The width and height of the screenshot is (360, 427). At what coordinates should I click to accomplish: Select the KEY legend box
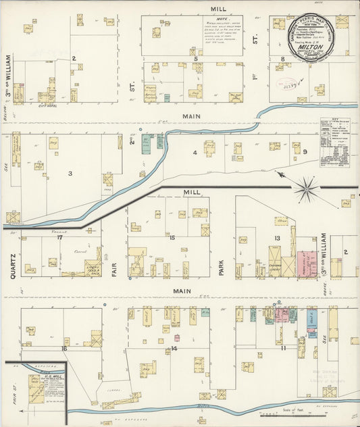click(335, 142)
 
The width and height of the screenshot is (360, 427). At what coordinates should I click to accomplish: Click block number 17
click(59, 237)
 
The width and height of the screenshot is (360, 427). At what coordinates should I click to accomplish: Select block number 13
click(276, 238)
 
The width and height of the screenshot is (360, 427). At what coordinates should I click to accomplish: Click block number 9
click(305, 152)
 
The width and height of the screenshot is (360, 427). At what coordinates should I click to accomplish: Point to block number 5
click(195, 59)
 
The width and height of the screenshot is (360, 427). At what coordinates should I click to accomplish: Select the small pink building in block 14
click(177, 337)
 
